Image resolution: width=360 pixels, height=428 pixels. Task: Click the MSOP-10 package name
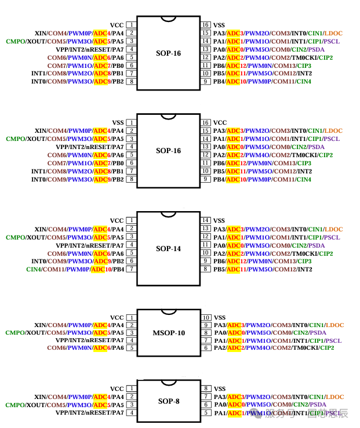[x=168, y=333]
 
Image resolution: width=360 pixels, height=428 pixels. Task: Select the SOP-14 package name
[x=168, y=249]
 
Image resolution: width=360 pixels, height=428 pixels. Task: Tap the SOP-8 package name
[x=168, y=401]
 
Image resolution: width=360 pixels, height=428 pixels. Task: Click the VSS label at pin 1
[x=118, y=123]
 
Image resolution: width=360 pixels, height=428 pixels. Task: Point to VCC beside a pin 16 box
[x=220, y=123]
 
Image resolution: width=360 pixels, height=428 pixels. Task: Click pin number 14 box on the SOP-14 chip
[x=205, y=220]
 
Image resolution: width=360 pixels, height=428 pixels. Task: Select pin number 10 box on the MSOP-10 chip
[x=205, y=318]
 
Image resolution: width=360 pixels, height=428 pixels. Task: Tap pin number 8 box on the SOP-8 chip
[x=205, y=389]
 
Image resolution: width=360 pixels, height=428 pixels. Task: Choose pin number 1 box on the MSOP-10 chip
[x=132, y=318]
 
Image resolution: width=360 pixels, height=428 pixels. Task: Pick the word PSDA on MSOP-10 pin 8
[x=318, y=333]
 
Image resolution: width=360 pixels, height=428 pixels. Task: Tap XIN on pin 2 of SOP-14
[x=41, y=229]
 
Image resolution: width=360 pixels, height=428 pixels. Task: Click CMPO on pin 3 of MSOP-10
[x=15, y=333]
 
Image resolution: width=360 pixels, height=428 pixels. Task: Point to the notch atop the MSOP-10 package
[x=168, y=312]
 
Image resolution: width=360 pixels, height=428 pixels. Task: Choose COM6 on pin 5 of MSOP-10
[x=57, y=348]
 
